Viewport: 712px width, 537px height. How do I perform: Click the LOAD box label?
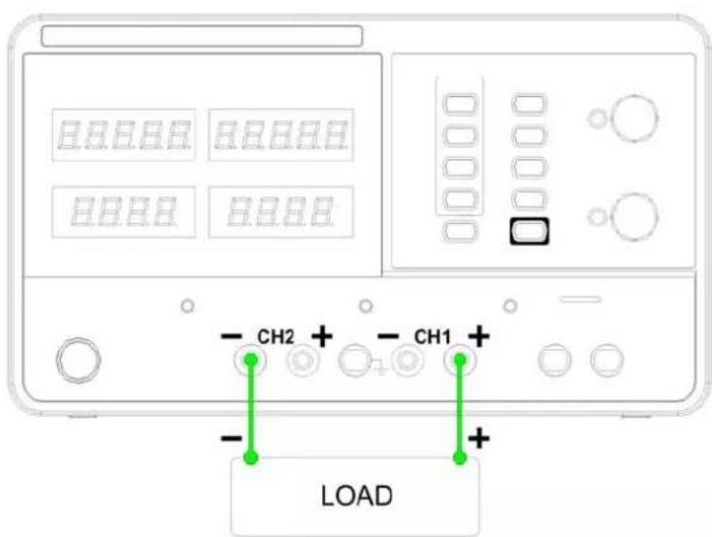click(x=356, y=495)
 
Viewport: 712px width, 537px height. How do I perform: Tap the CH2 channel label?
click(x=275, y=336)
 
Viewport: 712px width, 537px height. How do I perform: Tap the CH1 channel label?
click(x=433, y=336)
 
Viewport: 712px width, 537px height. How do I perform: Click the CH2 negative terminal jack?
click(x=249, y=361)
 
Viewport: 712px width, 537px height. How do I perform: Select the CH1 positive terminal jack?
click(x=460, y=361)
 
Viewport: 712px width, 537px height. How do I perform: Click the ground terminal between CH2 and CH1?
click(x=355, y=361)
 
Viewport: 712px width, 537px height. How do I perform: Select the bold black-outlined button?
click(x=530, y=232)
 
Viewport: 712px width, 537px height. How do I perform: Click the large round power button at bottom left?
click(x=79, y=360)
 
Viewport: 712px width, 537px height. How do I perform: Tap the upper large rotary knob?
click(x=634, y=118)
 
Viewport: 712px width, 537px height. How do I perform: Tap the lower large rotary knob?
click(x=634, y=216)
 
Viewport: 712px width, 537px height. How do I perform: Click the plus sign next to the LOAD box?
click(x=479, y=438)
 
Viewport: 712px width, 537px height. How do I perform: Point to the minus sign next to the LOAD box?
click(x=232, y=438)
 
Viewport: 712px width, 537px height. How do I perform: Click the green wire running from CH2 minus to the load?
click(x=250, y=408)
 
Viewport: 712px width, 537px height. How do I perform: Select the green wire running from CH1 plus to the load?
click(x=460, y=408)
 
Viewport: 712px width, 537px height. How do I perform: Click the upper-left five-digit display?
click(x=124, y=135)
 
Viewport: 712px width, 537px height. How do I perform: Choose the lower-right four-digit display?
click(x=281, y=211)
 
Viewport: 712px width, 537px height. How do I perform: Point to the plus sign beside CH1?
click(x=479, y=337)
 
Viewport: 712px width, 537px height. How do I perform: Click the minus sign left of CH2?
click(x=232, y=336)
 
